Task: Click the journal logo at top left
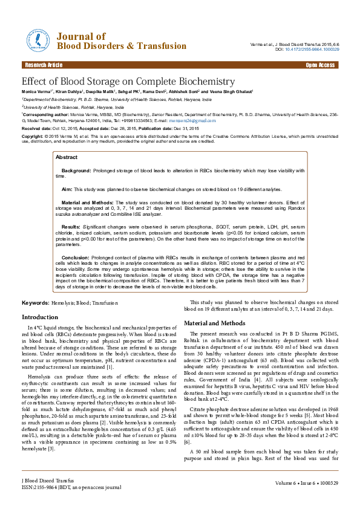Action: pos(37,41)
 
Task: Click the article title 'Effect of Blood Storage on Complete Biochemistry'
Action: pos(128,81)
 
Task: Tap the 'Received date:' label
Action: pos(37,129)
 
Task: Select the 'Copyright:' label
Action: pos(32,137)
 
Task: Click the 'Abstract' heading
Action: pos(66,157)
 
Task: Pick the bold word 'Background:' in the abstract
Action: pos(76,171)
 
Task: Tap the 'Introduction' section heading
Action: pos(40,317)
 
